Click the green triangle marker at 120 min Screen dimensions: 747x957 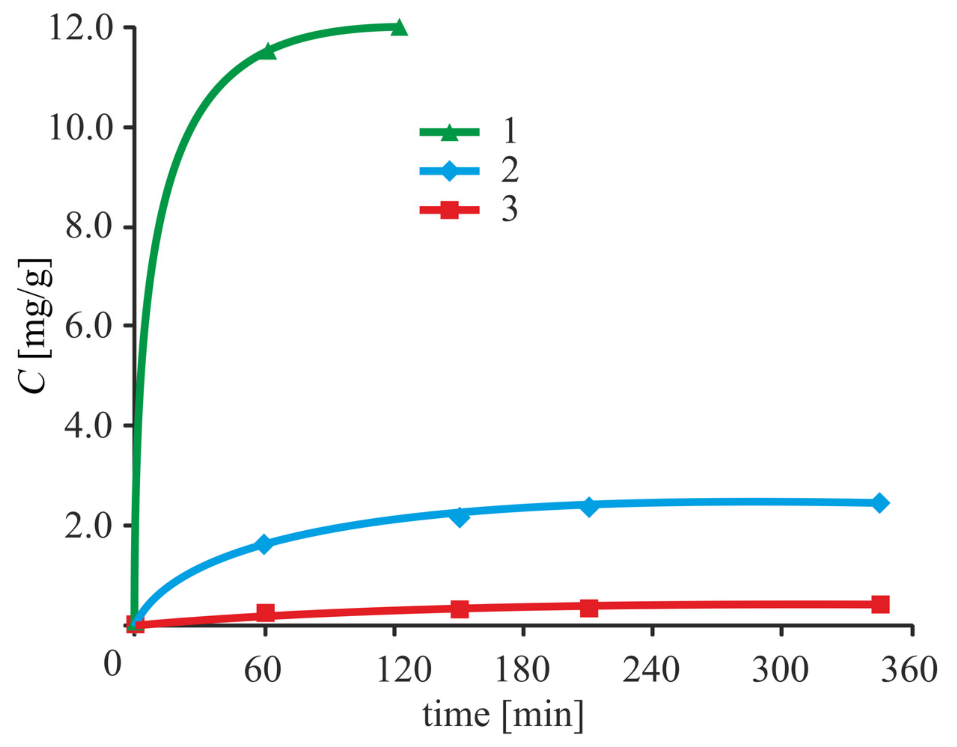click(399, 28)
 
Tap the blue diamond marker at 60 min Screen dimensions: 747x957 click(264, 544)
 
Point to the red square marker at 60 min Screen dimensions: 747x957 click(266, 613)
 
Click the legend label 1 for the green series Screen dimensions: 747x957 click(509, 131)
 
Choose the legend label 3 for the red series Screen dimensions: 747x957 click(509, 209)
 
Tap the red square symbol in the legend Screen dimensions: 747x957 click(449, 210)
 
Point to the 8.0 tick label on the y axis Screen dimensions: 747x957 click(89, 227)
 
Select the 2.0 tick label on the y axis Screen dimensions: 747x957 click(89, 527)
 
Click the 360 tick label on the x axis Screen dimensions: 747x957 click(909, 670)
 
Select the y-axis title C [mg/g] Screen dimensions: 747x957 click(35, 326)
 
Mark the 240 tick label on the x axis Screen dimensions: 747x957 click(651, 670)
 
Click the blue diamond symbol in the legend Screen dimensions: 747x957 click(449, 171)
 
